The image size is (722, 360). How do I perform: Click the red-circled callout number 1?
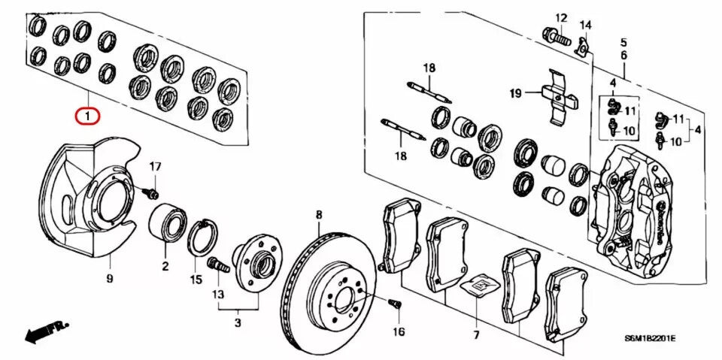coord(88,116)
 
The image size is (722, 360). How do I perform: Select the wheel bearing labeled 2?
coord(168,222)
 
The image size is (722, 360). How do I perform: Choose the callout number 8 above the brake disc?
coord(318,215)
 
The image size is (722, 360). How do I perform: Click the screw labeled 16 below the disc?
coord(395,304)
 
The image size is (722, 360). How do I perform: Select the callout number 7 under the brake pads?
coord(475,334)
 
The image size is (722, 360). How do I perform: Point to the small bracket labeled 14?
coord(581,49)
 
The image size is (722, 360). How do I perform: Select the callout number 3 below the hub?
coord(238,323)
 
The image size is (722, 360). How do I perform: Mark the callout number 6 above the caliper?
coord(623,56)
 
